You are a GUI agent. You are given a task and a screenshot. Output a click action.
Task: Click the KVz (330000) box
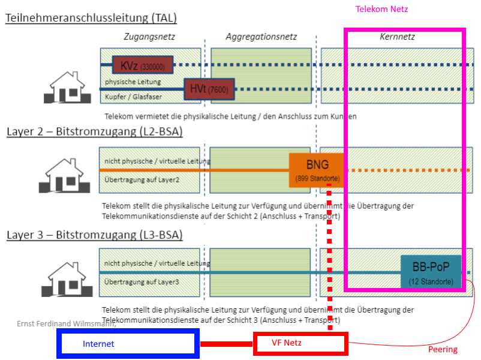(x=143, y=64)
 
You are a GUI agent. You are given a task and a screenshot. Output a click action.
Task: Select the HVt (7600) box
(x=209, y=89)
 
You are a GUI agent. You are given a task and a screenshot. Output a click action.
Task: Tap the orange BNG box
(x=317, y=170)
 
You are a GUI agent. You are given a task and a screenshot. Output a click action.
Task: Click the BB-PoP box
(x=431, y=271)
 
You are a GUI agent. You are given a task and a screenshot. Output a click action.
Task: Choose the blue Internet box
(x=128, y=344)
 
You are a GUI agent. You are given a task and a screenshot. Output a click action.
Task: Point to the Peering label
(x=443, y=349)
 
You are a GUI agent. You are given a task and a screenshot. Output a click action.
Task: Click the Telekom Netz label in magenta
(x=382, y=9)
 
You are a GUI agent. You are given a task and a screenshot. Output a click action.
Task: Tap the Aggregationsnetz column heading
(x=261, y=37)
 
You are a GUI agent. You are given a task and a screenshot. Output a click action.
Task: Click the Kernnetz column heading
(x=397, y=37)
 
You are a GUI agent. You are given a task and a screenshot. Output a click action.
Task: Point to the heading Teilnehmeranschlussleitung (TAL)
(x=91, y=18)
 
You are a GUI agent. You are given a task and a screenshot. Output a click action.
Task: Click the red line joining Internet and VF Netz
(x=226, y=344)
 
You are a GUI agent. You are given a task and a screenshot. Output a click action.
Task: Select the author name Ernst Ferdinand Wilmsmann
(x=66, y=324)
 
